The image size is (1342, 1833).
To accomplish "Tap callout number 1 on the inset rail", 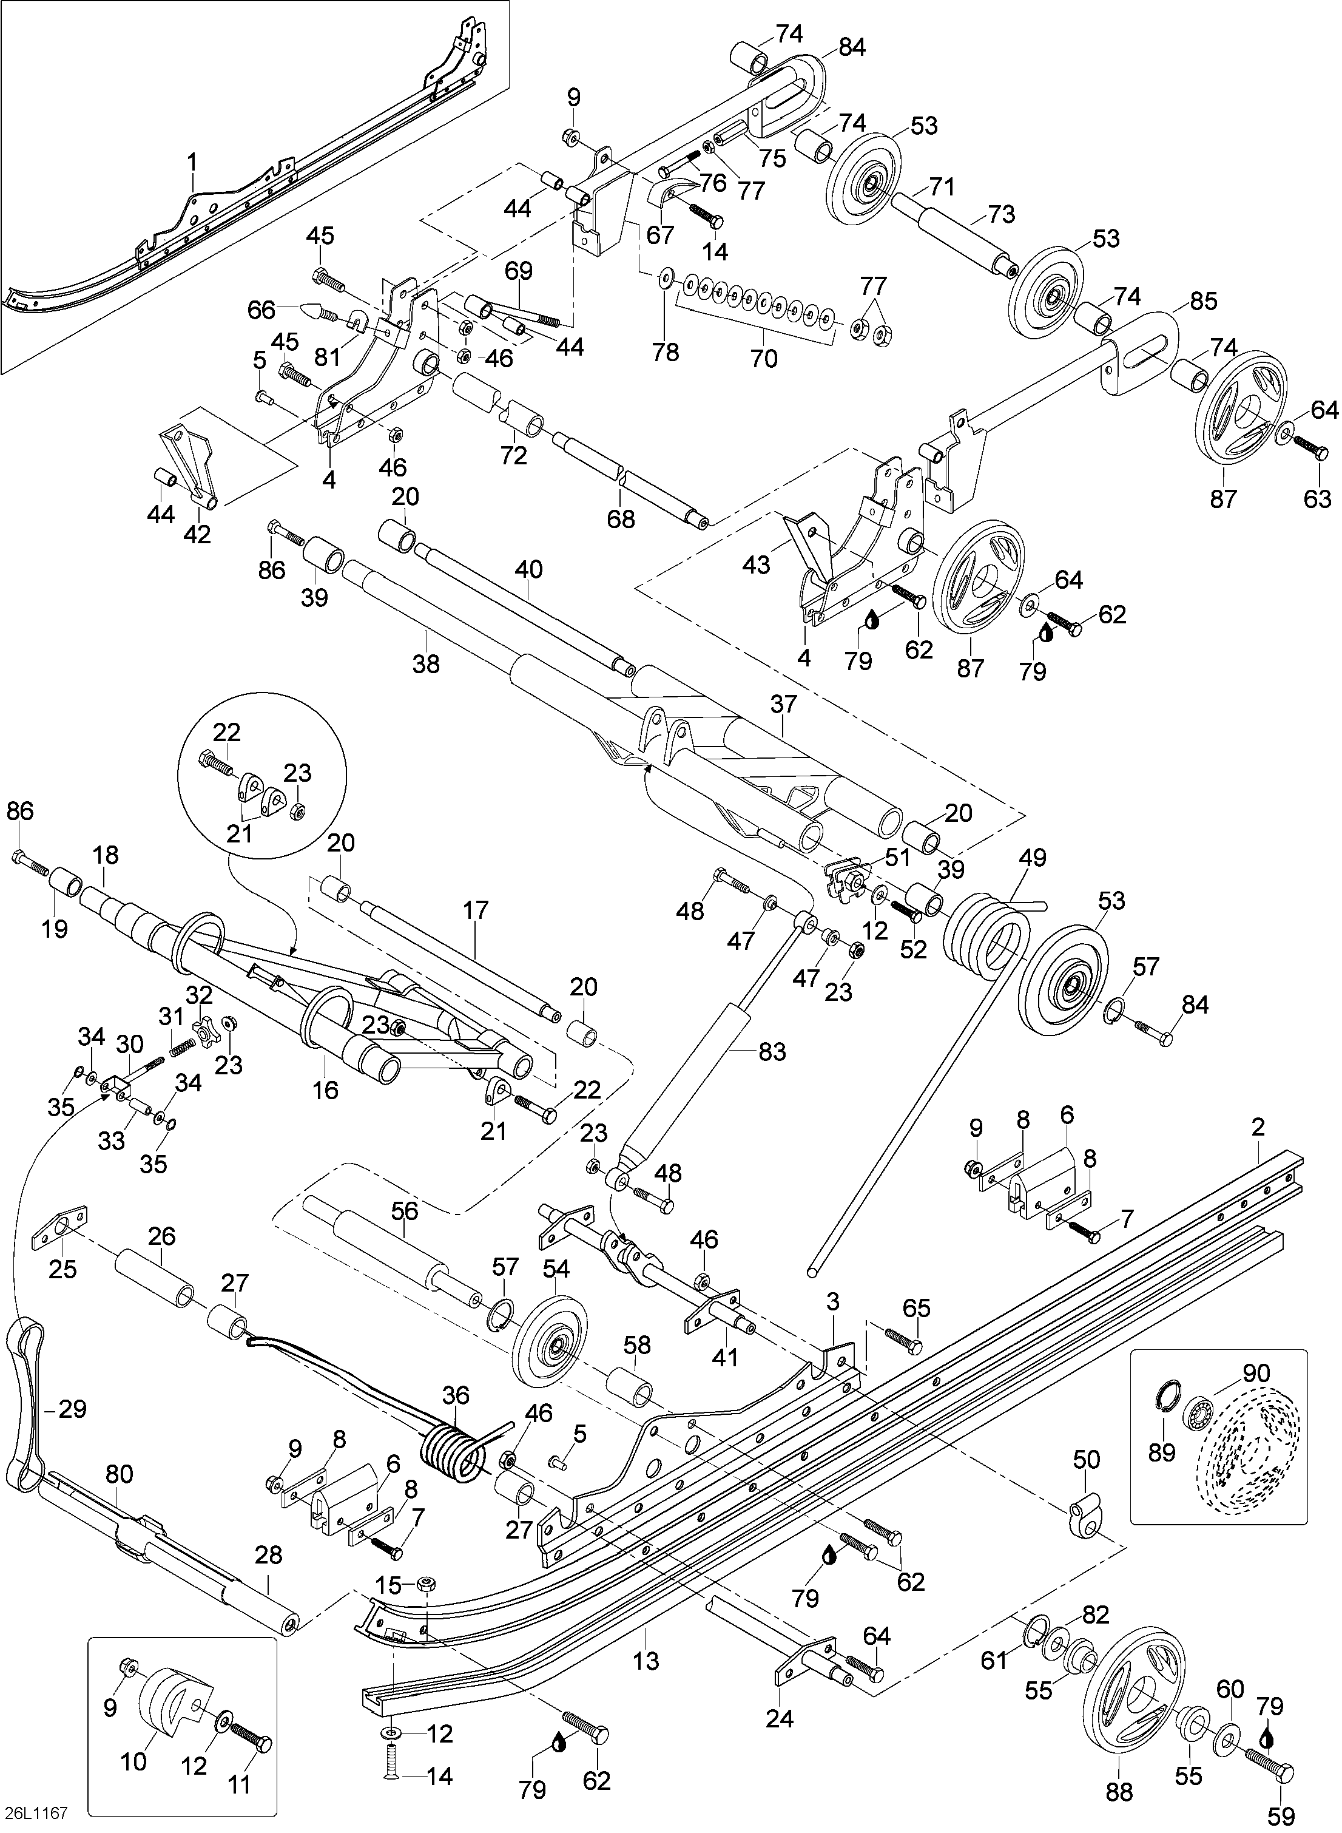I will [192, 163].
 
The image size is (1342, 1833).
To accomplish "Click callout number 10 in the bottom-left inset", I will [134, 1761].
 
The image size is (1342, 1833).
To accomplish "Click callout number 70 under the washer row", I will [764, 357].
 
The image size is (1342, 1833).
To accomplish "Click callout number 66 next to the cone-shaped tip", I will [261, 310].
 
